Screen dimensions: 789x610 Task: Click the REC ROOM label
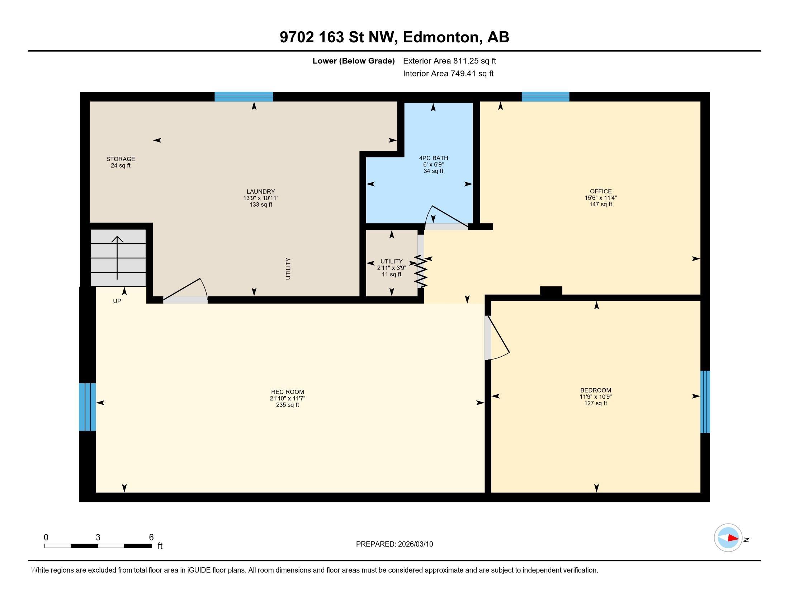pos(288,392)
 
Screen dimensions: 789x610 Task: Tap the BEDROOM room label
pos(596,390)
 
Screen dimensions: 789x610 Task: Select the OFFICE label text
pos(601,191)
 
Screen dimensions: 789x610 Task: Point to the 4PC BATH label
pos(434,158)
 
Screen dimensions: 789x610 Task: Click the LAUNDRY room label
pos(261,192)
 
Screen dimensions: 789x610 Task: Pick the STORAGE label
pos(121,159)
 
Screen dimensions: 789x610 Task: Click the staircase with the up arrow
pos(118,258)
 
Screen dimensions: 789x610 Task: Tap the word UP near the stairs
pos(117,301)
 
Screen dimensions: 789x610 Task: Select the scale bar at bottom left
pos(98,546)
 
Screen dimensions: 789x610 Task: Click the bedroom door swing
pos(498,339)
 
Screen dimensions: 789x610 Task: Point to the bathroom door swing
pos(447,217)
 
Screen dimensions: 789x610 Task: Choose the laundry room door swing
pos(186,290)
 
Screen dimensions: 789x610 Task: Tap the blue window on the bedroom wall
pos(705,402)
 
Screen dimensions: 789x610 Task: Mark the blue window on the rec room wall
pos(88,407)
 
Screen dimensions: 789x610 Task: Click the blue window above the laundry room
pos(244,97)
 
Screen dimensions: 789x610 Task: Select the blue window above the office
pos(545,97)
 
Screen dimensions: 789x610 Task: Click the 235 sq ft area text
pos(288,405)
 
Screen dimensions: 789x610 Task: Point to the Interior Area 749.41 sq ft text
pos(448,74)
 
